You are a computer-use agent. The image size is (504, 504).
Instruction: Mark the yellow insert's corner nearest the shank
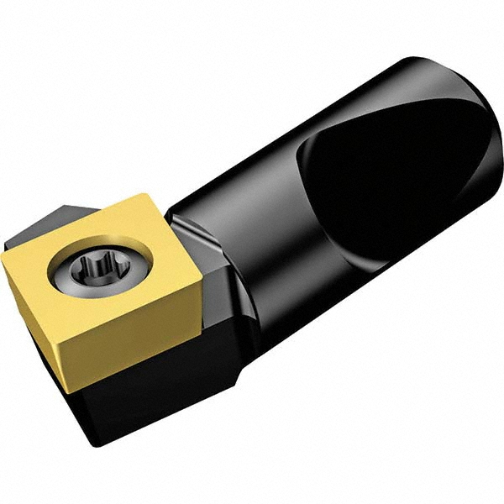tap(201, 281)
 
